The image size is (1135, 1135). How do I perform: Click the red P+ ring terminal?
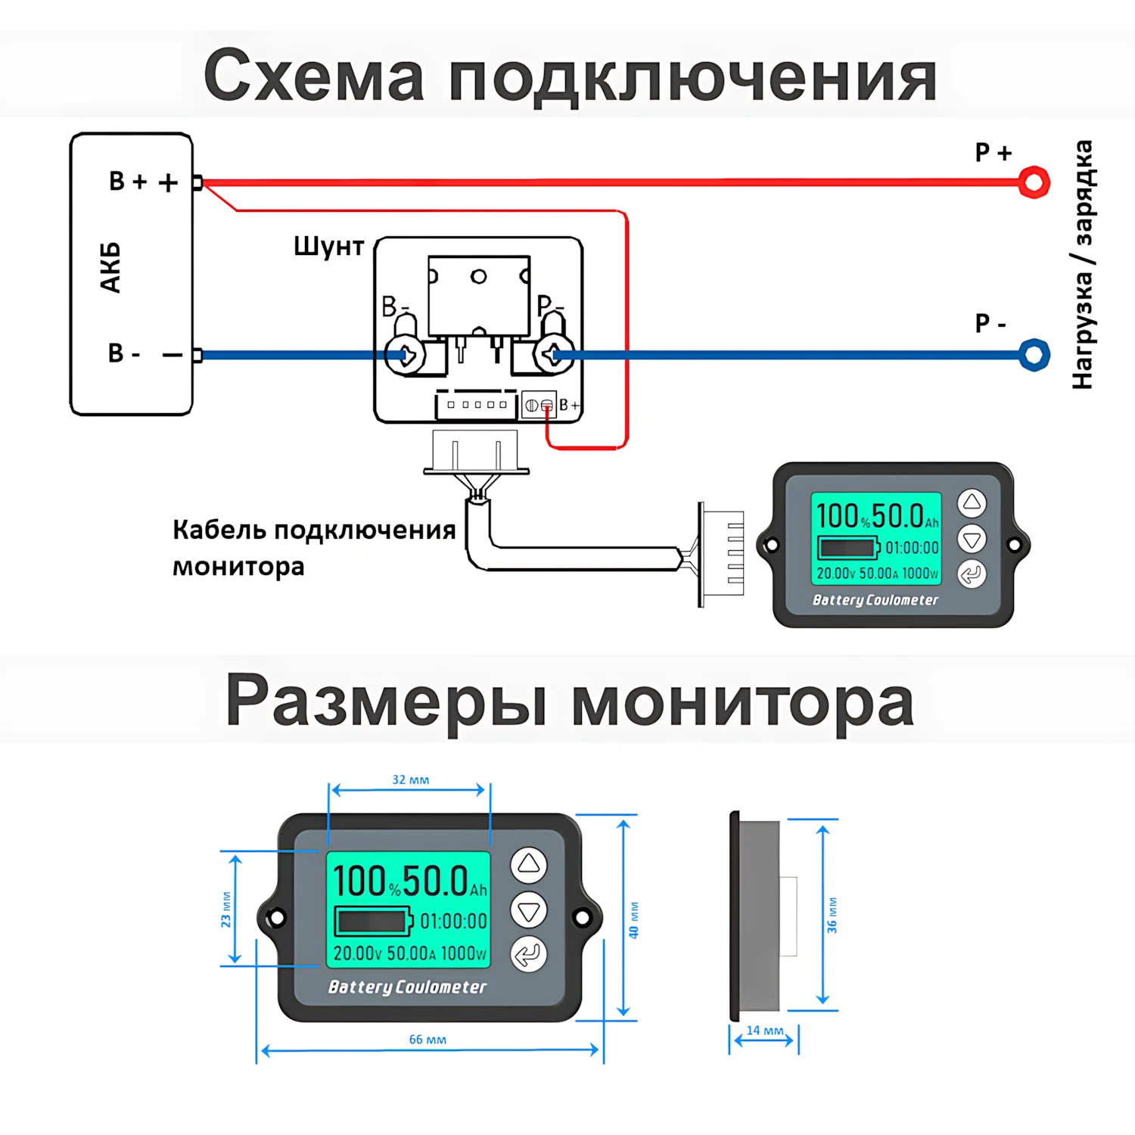(x=1034, y=182)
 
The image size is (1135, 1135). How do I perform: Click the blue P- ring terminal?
(x=1034, y=355)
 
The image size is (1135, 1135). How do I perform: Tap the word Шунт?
(x=328, y=247)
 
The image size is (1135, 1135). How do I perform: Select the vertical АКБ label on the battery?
(x=110, y=267)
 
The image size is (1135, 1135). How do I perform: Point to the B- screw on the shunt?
(x=404, y=354)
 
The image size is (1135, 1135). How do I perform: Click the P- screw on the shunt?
(x=552, y=354)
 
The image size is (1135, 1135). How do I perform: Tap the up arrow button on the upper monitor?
(x=972, y=502)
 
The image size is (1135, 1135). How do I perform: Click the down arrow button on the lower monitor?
(x=528, y=910)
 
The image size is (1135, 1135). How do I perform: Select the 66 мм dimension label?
(x=428, y=1040)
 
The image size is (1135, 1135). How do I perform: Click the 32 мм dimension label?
(x=410, y=780)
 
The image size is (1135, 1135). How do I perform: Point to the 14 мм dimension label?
(x=765, y=1031)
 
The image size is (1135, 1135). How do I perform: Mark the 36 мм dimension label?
(x=832, y=915)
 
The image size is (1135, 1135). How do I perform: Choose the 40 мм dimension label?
(x=634, y=920)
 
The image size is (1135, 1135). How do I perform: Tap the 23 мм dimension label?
(x=226, y=910)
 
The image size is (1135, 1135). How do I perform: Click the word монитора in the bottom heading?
(x=742, y=702)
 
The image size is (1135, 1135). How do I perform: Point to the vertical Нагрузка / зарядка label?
(x=1083, y=265)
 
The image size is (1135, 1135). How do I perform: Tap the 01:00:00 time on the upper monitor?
(x=912, y=548)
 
